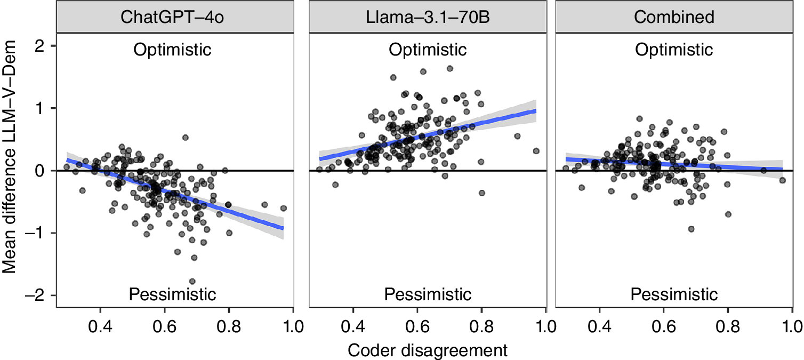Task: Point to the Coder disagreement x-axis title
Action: [427, 350]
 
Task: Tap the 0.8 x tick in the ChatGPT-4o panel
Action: [229, 325]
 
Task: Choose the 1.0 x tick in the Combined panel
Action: [790, 325]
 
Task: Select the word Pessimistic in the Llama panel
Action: [428, 294]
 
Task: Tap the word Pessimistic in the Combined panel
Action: [674, 294]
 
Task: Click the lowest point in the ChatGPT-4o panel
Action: [192, 281]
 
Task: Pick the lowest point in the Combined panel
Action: [692, 229]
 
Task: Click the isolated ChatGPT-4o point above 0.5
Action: [186, 138]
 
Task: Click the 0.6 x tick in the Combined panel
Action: [663, 325]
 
